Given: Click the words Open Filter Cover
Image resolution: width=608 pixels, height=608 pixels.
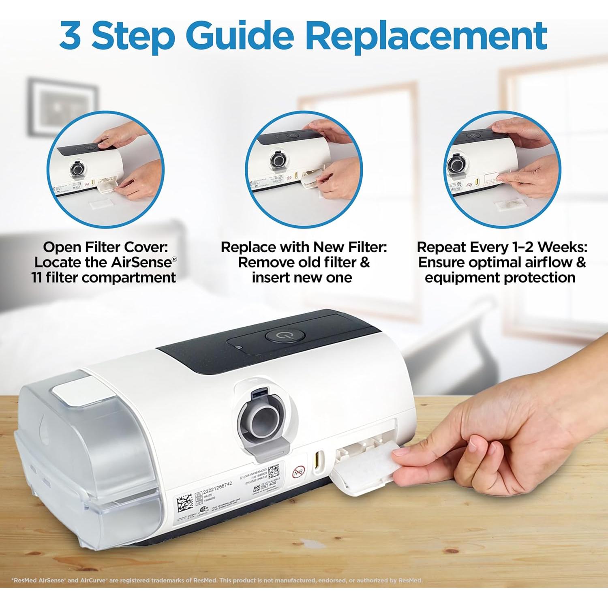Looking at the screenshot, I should coord(105,247).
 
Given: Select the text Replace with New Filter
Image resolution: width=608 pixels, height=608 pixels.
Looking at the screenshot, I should coord(304,247).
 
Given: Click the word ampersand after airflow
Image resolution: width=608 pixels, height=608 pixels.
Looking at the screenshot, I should coord(580,262).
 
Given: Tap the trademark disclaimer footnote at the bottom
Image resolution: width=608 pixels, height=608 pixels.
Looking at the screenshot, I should coord(217,580).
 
